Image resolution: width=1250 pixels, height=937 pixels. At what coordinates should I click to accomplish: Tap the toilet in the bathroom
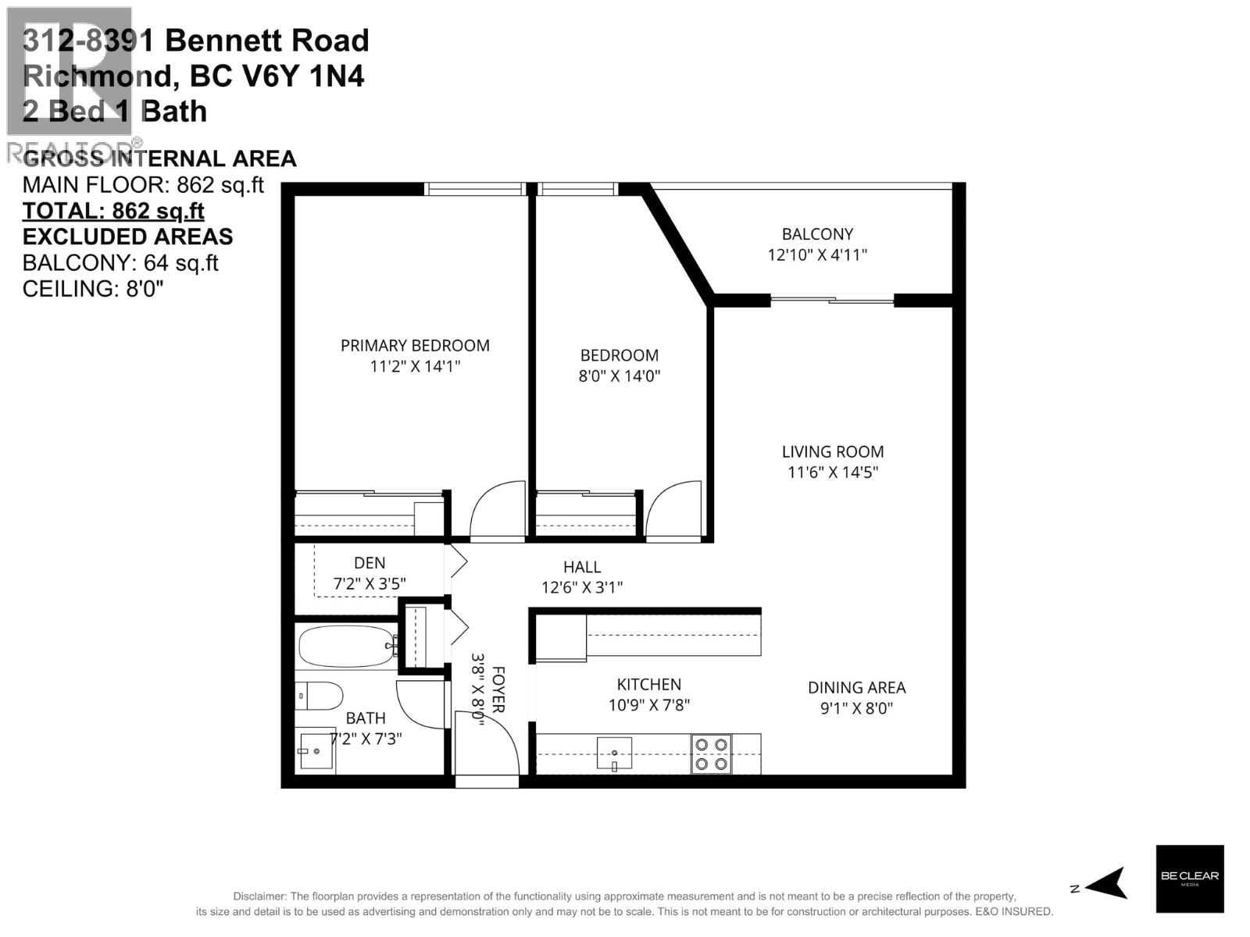320,695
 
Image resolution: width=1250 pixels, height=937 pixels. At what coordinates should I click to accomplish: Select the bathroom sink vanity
317,752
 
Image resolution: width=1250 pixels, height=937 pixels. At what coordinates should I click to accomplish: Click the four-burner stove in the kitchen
711,754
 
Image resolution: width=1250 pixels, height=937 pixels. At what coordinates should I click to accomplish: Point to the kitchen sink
614,754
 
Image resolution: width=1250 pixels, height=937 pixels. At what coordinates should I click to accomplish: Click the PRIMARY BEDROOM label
415,345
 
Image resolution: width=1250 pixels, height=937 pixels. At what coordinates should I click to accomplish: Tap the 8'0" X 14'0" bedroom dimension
619,376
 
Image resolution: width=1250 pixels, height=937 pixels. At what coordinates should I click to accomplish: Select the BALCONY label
817,233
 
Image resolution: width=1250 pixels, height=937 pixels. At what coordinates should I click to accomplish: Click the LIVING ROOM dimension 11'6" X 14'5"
833,472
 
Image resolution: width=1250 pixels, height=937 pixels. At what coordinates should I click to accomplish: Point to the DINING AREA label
856,687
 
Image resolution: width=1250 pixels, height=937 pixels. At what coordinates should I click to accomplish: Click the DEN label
370,562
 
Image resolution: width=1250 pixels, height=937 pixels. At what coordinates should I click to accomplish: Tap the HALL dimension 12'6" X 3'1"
582,587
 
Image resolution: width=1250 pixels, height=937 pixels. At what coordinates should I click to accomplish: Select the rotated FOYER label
498,689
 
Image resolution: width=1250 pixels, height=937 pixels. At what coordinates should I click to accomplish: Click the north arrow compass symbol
1105,883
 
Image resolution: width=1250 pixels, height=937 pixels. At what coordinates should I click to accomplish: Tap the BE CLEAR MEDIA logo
1189,878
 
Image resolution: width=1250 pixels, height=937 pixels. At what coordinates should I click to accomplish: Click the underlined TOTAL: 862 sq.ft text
113,211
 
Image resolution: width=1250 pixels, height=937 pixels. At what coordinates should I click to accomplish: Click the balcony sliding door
832,299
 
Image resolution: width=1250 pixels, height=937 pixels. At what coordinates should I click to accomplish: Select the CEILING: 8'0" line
93,288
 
